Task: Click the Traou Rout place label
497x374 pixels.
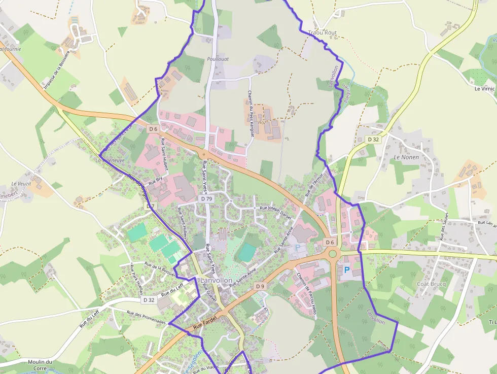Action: click(x=323, y=32)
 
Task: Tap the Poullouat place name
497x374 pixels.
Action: click(x=218, y=59)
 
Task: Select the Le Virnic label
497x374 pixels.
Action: click(x=484, y=88)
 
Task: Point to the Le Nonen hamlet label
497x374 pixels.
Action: click(x=406, y=157)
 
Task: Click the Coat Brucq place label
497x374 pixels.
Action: click(x=431, y=284)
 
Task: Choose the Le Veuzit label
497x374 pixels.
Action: click(x=21, y=184)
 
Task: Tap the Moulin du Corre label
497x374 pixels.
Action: click(x=41, y=365)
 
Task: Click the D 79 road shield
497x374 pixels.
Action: click(x=206, y=199)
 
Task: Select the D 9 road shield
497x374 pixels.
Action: click(x=260, y=287)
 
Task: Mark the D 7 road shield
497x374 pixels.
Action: click(x=150, y=207)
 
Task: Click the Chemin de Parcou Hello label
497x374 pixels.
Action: click(x=307, y=294)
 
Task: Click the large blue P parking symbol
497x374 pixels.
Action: click(x=347, y=270)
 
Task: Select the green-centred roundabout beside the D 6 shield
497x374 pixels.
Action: click(x=333, y=253)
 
